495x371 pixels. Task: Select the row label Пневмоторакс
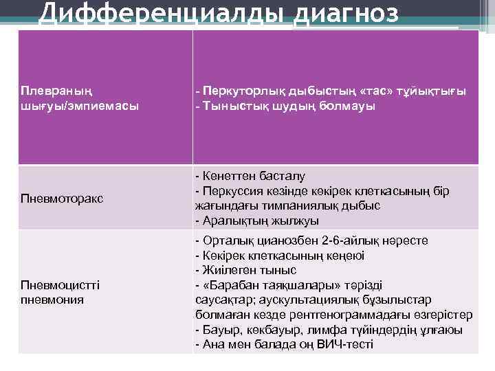(62, 198)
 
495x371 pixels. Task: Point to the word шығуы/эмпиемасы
(79, 106)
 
